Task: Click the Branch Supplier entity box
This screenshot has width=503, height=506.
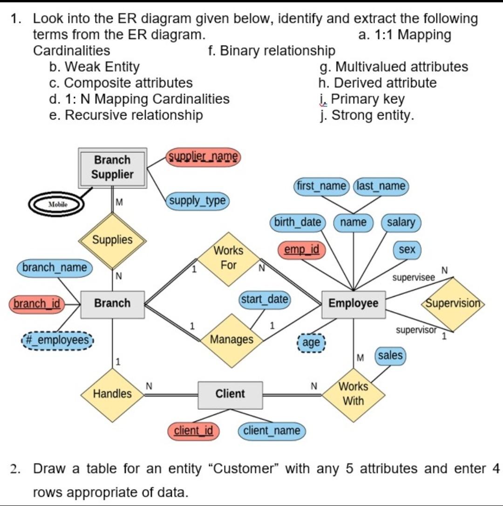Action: pyautogui.click(x=112, y=168)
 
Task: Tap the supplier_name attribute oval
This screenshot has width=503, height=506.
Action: pyautogui.click(x=203, y=156)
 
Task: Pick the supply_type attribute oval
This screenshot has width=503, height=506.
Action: pyautogui.click(x=197, y=201)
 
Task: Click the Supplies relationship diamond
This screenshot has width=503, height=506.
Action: pyautogui.click(x=112, y=240)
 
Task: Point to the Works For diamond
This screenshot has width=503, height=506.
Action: pyautogui.click(x=229, y=258)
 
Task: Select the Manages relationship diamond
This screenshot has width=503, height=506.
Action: pyautogui.click(x=231, y=340)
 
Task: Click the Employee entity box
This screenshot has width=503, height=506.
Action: pyautogui.click(x=353, y=304)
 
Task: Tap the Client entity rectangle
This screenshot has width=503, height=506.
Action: pyautogui.click(x=230, y=394)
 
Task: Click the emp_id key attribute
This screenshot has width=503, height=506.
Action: pyautogui.click(x=301, y=250)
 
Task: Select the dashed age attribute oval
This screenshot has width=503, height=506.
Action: pyautogui.click(x=311, y=343)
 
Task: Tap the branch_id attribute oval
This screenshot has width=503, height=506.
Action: pyautogui.click(x=37, y=304)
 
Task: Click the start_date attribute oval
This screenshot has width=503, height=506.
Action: pyautogui.click(x=265, y=299)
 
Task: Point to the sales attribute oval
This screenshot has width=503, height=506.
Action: pyautogui.click(x=390, y=356)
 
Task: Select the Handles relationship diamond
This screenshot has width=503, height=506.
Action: pyautogui.click(x=112, y=394)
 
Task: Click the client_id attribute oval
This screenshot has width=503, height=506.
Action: pyautogui.click(x=193, y=431)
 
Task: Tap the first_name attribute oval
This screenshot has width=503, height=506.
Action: pyautogui.click(x=322, y=186)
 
